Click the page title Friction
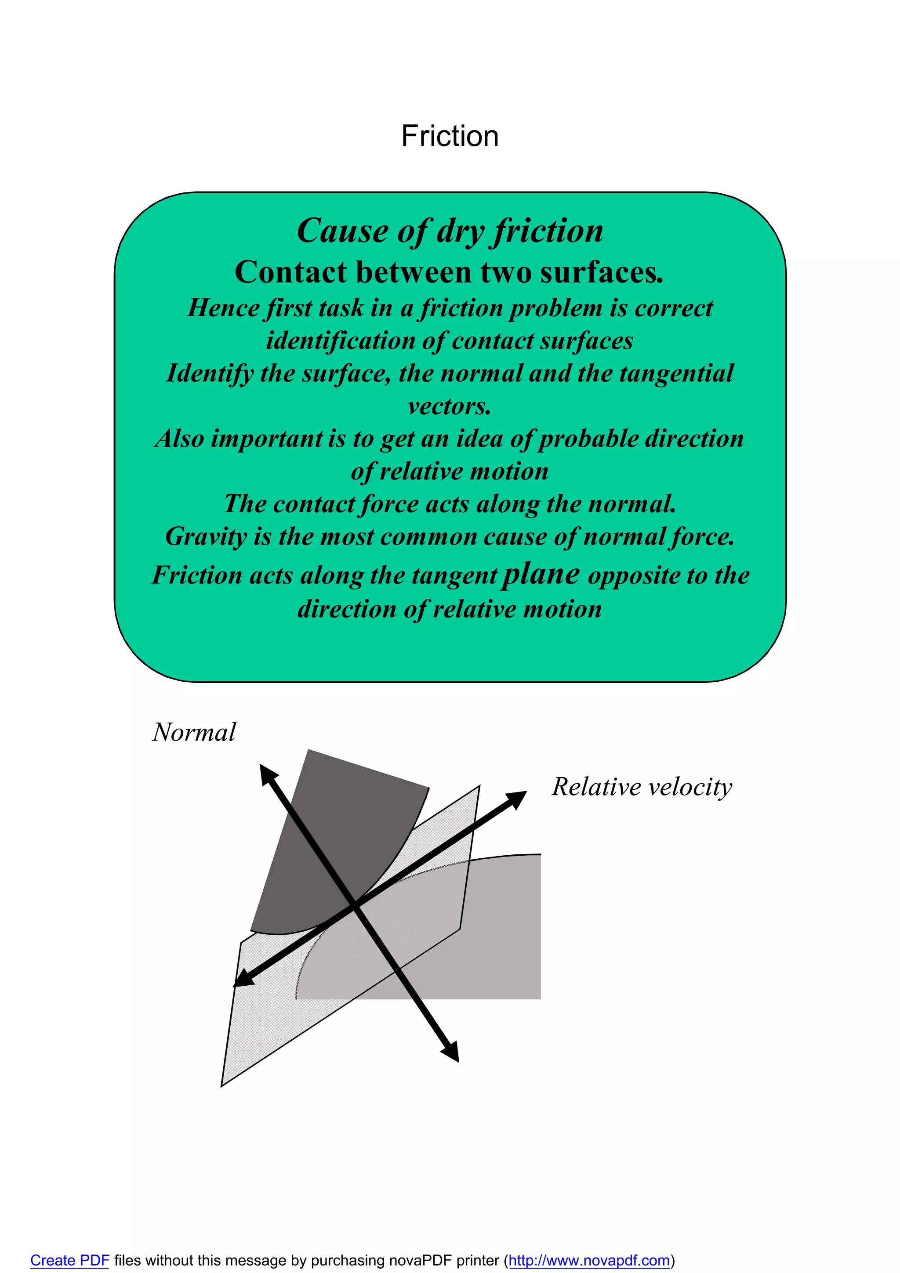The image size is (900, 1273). click(450, 136)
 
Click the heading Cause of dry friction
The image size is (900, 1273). click(450, 231)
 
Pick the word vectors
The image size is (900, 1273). click(449, 406)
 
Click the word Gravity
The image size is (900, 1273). click(206, 537)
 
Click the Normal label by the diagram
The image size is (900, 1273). click(194, 732)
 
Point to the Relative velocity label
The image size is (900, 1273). click(642, 787)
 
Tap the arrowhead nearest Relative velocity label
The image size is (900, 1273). click(517, 799)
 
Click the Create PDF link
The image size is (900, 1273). click(69, 1260)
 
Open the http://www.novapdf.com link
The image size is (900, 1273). click(589, 1260)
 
